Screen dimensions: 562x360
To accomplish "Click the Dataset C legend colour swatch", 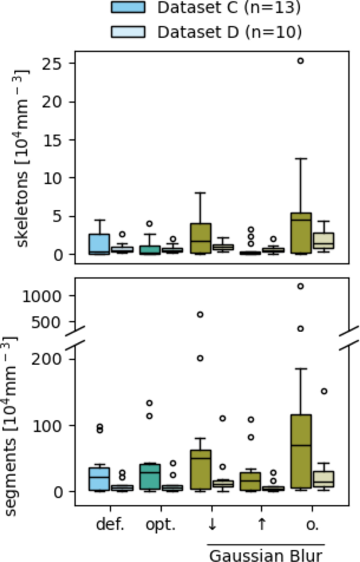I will pyautogui.click(x=128, y=7).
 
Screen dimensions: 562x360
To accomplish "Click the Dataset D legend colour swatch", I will pyautogui.click(x=128, y=32).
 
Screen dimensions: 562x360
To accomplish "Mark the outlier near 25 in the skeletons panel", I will pyautogui.click(x=300, y=61).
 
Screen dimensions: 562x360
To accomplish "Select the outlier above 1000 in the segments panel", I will pyautogui.click(x=300, y=287).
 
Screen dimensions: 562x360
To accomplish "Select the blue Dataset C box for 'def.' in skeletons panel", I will pyautogui.click(x=99, y=244).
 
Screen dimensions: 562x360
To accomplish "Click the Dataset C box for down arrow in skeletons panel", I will pyautogui.click(x=200, y=239).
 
